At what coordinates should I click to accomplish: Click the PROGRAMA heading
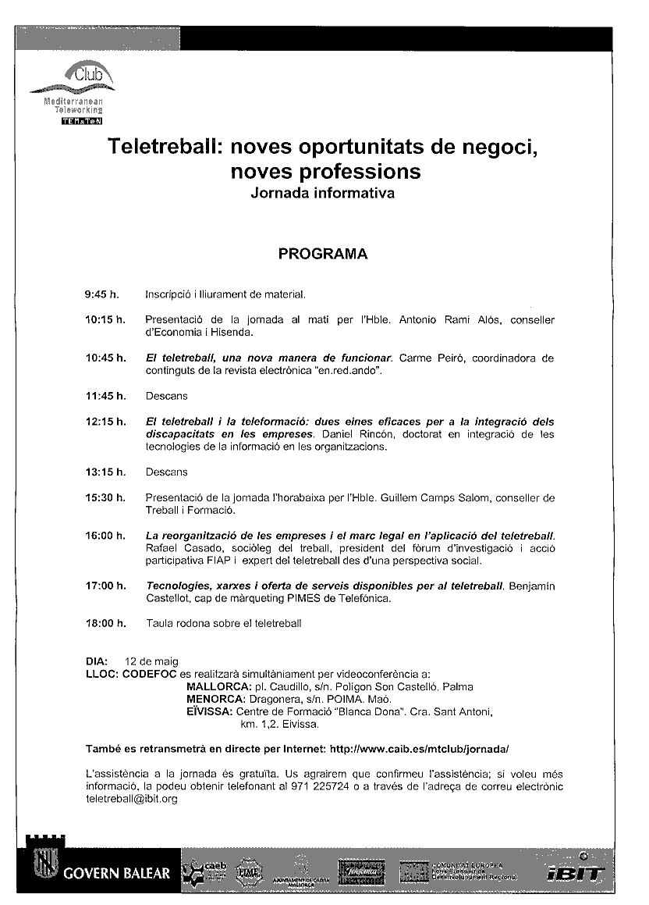(x=323, y=254)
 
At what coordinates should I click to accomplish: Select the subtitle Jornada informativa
(x=322, y=192)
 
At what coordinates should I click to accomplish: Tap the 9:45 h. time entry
(x=102, y=294)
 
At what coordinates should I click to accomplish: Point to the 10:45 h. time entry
(x=105, y=358)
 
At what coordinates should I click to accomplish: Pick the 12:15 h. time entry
(x=105, y=422)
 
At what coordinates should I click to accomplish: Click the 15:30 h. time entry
(x=105, y=497)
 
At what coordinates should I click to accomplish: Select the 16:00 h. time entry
(x=105, y=536)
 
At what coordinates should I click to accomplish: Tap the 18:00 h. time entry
(x=105, y=623)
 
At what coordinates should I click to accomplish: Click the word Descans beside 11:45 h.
(x=166, y=397)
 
